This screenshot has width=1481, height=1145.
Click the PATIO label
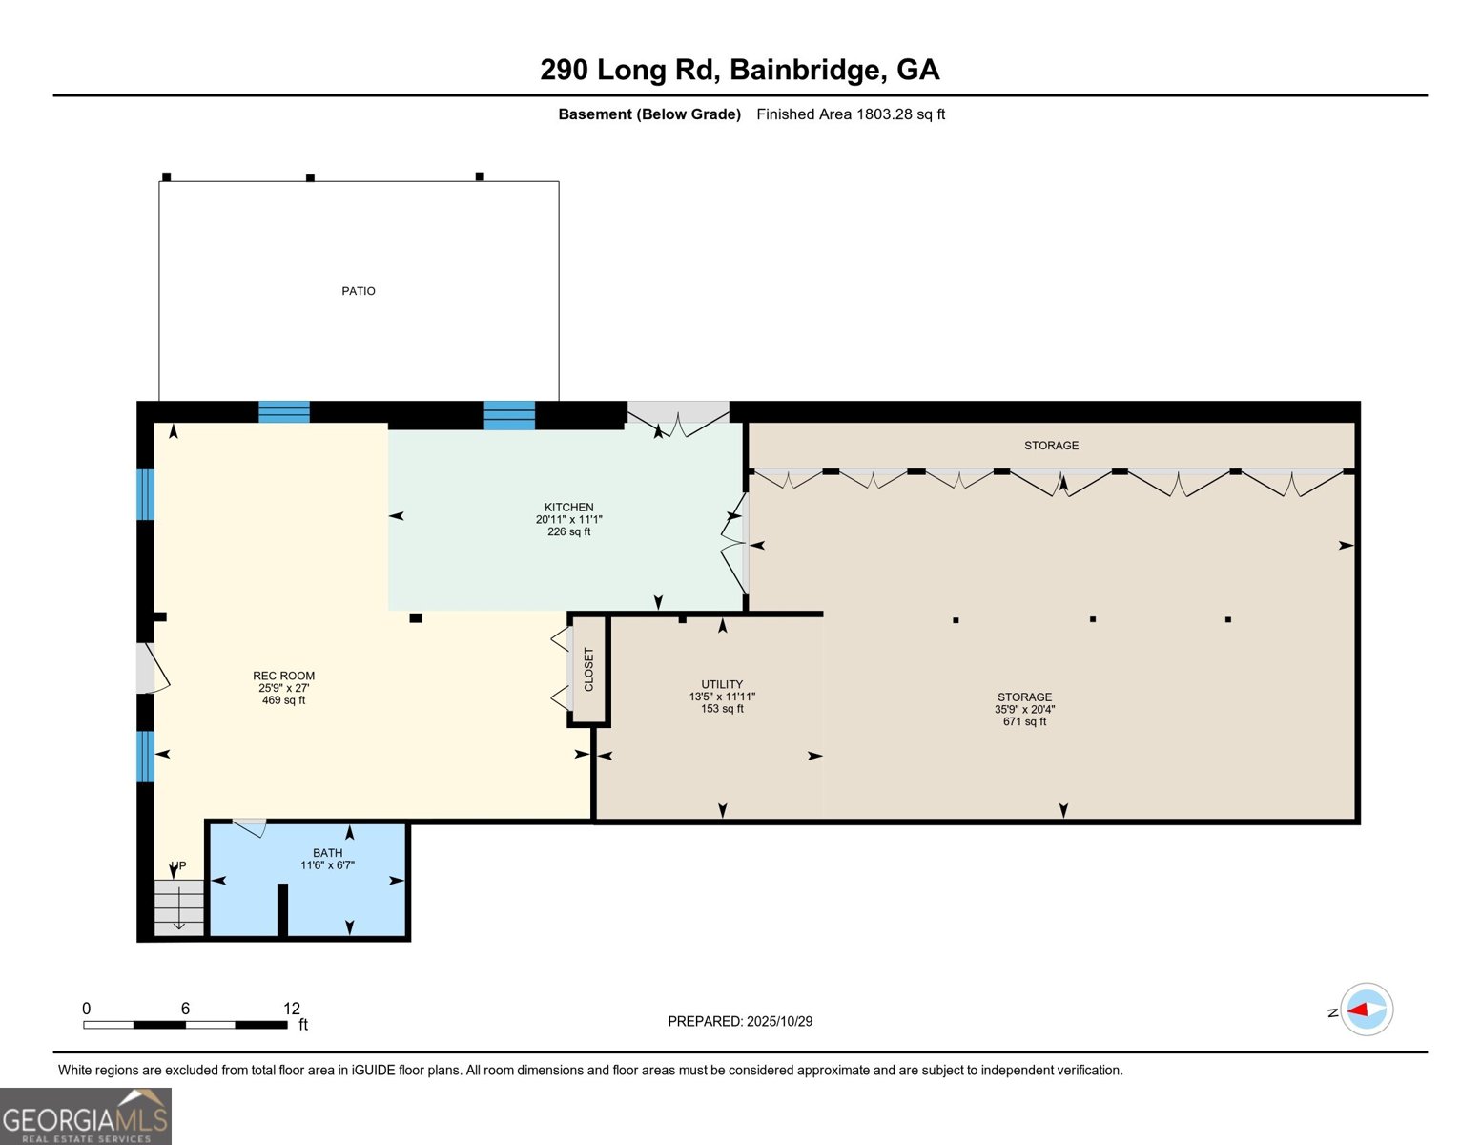[x=359, y=291]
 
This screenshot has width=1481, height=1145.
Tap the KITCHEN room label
[x=568, y=507]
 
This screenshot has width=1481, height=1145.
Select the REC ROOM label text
[x=283, y=676]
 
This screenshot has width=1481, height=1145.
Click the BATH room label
[x=327, y=853]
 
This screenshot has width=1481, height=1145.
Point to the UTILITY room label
[x=722, y=684]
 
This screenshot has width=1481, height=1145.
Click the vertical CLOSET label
[x=588, y=670]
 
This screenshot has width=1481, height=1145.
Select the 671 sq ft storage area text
[x=1024, y=721]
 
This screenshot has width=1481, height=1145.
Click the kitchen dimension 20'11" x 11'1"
[x=568, y=520]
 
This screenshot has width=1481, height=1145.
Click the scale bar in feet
[x=185, y=1025]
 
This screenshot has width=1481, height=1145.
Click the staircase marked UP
[x=179, y=906]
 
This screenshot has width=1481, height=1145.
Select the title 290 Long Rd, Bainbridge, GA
[x=740, y=70]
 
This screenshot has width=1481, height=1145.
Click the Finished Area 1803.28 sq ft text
[x=851, y=114]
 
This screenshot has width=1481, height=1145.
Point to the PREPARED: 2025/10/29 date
[x=740, y=1021]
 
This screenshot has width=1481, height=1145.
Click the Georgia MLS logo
[x=86, y=1116]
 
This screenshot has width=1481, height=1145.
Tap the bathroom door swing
[x=251, y=827]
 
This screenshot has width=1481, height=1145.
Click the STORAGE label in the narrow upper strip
[x=1051, y=446]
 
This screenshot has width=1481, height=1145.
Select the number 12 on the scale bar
[x=292, y=1009]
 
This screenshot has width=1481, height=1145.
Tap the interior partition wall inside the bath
[x=282, y=909]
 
